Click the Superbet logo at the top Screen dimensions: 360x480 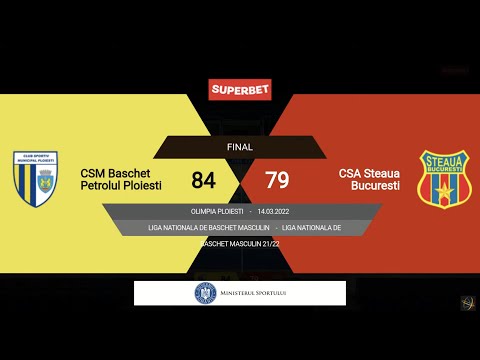pos(239,89)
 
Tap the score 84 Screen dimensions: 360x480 pos(204,180)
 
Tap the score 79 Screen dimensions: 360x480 pos(277,180)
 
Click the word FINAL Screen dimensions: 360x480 pos(240,147)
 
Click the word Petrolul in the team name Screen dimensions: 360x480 pos(105,187)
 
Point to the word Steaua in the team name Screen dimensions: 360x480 pos(380,173)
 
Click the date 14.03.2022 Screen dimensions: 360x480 pos(273,212)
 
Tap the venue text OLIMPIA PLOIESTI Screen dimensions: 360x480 pos(216,212)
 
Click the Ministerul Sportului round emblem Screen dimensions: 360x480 pos(205,293)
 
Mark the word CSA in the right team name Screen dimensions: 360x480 pos(349,173)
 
